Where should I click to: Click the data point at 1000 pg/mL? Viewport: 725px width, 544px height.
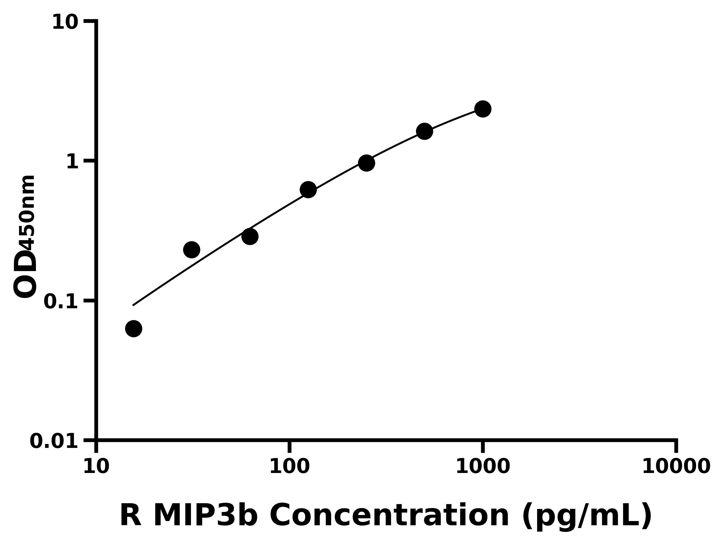(483, 109)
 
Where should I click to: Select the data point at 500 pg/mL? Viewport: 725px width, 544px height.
(424, 131)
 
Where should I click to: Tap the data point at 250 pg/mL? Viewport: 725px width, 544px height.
(366, 163)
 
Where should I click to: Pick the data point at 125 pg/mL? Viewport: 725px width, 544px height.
(308, 190)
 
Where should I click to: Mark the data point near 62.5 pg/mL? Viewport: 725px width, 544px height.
(250, 236)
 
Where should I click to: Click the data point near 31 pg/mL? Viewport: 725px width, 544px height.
(192, 250)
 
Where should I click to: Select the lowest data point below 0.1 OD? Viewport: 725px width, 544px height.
(134, 329)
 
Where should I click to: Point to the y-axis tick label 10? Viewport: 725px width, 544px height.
(65, 23)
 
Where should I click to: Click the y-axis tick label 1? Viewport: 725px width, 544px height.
(72, 162)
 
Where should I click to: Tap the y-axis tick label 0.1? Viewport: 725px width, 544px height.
(61, 302)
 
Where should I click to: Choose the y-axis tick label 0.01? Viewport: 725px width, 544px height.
(54, 441)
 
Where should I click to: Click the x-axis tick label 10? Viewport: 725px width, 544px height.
(96, 467)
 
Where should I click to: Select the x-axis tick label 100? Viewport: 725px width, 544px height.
(289, 467)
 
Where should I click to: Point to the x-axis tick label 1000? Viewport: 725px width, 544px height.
(483, 467)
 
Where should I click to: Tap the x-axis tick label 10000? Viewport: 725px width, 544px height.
(676, 467)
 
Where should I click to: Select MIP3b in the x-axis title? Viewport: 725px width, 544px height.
(205, 516)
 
